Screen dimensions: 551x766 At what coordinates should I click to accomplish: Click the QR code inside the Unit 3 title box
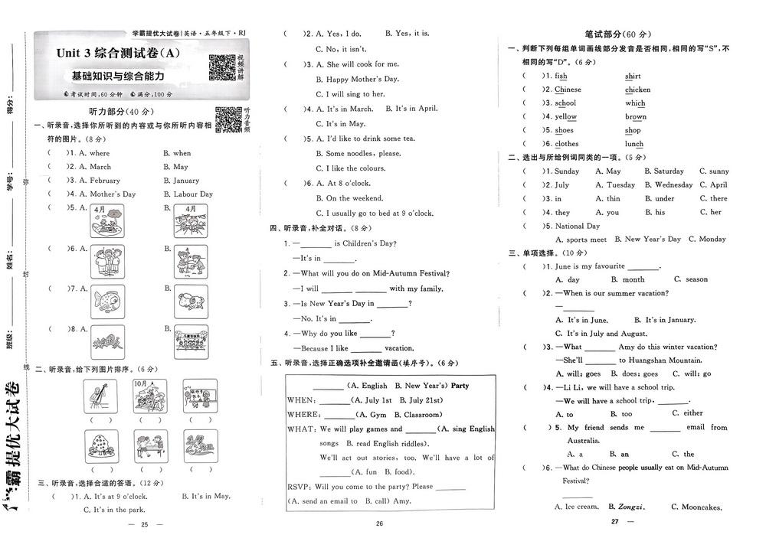point(221,67)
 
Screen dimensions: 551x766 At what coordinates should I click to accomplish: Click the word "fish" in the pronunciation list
point(561,76)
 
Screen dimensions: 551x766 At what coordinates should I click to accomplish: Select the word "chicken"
point(637,90)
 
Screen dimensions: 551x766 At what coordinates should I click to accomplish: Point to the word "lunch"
point(634,144)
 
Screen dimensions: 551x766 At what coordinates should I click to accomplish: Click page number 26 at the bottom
point(378,524)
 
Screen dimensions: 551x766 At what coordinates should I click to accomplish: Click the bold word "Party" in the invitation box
point(460,386)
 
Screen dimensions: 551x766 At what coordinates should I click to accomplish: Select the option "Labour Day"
point(188,194)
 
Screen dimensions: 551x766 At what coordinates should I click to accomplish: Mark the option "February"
point(100,181)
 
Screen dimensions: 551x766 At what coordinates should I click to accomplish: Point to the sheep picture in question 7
point(189,301)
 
